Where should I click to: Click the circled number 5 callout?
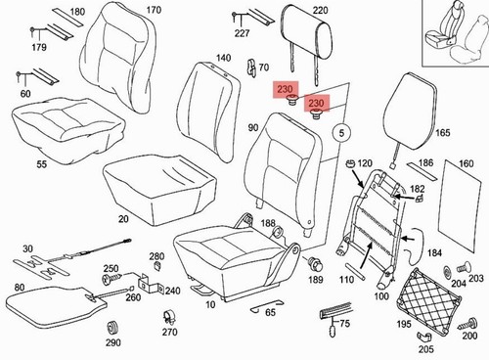click(x=341, y=133)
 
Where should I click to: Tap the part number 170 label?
click(x=153, y=10)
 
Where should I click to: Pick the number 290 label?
click(x=112, y=342)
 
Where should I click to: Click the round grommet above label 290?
click(x=112, y=328)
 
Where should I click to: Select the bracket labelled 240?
click(x=151, y=283)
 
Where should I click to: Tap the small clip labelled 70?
click(x=251, y=68)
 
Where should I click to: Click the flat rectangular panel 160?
click(x=462, y=205)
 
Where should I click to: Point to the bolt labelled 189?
click(x=314, y=263)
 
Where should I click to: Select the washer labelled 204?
click(x=448, y=271)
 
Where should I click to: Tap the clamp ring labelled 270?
click(x=169, y=316)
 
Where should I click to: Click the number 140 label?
click(x=223, y=58)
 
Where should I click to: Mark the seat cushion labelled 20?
click(x=159, y=190)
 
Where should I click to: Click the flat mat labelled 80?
click(x=56, y=306)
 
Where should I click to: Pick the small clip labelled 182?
click(x=419, y=199)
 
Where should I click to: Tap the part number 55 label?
click(x=41, y=164)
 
